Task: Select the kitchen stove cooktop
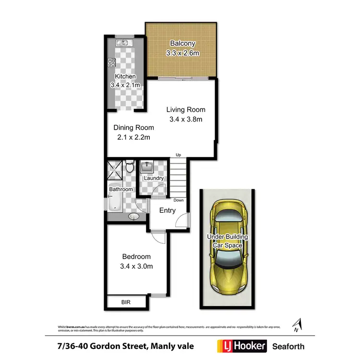coord(112,61)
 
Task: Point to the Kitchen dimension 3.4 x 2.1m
coord(125,85)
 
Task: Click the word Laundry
coord(154,179)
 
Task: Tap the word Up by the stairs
coord(179,155)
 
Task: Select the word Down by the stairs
coord(179,200)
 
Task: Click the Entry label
coord(167,211)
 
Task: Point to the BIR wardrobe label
coord(125,302)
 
